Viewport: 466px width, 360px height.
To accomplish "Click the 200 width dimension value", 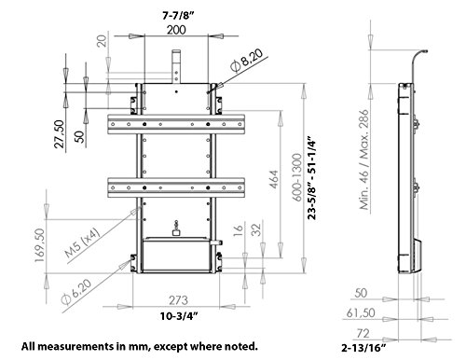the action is [x=176, y=30].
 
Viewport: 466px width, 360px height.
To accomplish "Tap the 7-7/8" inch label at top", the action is [x=178, y=16].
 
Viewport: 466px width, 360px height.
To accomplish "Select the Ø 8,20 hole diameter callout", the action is [x=247, y=61].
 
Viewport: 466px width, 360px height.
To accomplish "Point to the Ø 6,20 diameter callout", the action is [x=76, y=292].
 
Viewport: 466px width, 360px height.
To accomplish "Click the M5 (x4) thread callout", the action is [x=83, y=242].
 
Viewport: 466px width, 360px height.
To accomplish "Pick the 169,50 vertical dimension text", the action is [x=40, y=245].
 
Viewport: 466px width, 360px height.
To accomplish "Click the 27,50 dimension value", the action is [x=59, y=134].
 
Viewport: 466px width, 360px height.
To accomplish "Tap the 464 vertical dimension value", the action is [x=274, y=179].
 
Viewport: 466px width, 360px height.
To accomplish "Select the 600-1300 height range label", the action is [x=297, y=177].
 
